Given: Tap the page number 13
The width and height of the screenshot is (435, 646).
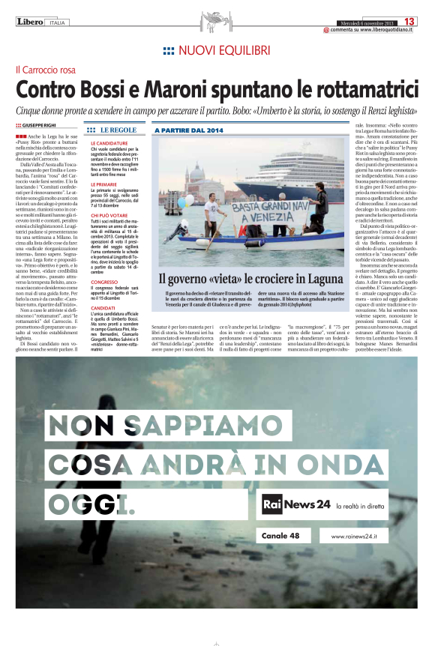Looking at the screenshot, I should pyautogui.click(x=411, y=21).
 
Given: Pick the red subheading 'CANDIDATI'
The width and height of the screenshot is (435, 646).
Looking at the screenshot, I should pyautogui.click(x=103, y=307).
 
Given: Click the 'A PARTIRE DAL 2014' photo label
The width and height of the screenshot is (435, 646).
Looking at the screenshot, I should pyautogui.click(x=189, y=130).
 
